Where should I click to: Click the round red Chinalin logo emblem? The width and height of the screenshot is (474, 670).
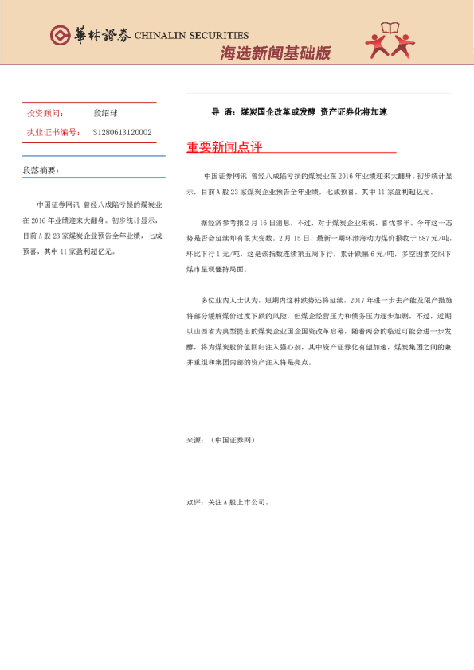59,35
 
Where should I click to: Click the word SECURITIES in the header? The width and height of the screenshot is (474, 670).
217,36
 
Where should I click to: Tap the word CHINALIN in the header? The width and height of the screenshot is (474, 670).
159,36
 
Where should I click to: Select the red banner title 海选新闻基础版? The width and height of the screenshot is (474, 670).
275,53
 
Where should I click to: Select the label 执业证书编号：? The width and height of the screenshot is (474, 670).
53,133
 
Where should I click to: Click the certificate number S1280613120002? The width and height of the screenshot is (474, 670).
123,133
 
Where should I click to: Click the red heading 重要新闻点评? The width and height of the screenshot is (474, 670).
224,147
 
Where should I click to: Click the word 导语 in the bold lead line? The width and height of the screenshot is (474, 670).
221,112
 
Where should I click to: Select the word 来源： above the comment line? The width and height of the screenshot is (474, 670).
195,439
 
